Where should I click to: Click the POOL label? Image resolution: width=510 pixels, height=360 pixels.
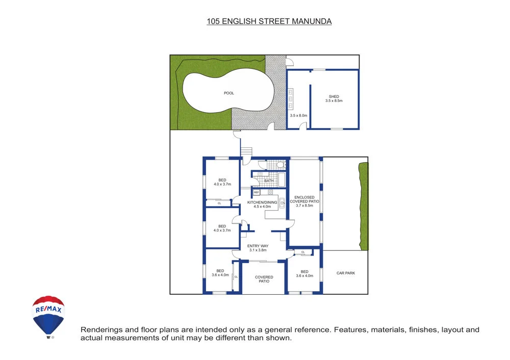point(229,93)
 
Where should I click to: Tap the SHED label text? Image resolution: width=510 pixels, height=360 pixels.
point(334,96)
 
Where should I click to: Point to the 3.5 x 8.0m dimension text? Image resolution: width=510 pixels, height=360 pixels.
point(298,116)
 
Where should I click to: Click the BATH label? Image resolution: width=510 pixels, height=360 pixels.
point(269,181)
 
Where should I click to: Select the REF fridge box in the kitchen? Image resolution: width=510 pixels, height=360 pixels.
point(257,192)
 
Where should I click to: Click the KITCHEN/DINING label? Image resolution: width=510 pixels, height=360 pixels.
point(262,202)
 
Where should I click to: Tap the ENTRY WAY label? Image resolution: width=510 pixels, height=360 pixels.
point(258,246)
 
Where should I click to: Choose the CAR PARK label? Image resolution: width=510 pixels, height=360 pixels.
point(346,273)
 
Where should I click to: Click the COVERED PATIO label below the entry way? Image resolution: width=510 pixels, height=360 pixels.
point(264,279)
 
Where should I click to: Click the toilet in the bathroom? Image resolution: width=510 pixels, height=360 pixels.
point(280,164)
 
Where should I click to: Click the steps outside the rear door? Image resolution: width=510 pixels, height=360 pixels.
point(246,152)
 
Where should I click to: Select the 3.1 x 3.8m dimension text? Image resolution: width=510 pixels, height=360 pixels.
point(258,250)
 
